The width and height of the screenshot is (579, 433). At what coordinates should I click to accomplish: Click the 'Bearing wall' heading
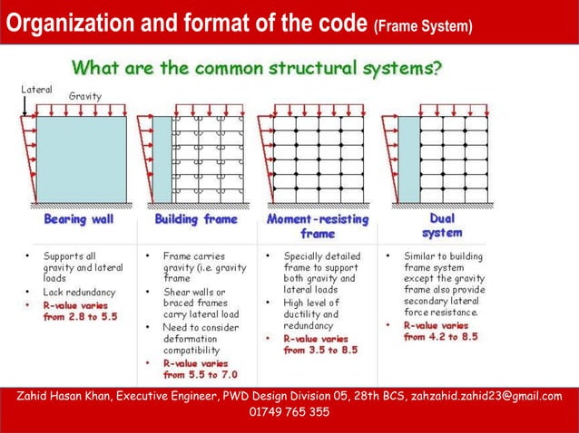click(x=79, y=220)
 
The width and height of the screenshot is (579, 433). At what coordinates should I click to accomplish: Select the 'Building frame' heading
click(x=196, y=219)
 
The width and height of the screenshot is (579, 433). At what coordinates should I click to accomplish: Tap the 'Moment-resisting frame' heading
click(x=318, y=226)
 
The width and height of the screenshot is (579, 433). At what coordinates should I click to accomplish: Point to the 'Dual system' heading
click(x=442, y=226)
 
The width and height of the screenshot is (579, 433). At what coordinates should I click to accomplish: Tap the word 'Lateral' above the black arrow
click(x=36, y=90)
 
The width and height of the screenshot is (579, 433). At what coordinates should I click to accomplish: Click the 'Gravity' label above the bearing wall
click(x=85, y=96)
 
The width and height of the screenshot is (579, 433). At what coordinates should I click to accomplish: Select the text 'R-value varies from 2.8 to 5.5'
click(x=80, y=312)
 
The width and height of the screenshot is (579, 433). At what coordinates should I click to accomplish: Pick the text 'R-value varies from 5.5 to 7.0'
click(x=201, y=369)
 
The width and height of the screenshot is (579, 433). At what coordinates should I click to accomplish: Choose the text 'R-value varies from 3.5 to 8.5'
click(x=320, y=344)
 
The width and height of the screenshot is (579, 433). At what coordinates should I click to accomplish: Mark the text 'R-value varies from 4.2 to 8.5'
click(x=442, y=330)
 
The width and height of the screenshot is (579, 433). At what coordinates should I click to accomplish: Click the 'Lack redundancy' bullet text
click(x=79, y=293)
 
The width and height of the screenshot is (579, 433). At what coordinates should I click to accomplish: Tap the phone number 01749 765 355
click(x=289, y=412)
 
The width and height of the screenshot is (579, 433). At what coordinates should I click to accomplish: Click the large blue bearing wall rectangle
click(x=81, y=159)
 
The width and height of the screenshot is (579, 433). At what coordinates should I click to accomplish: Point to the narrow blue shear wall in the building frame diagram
click(x=162, y=159)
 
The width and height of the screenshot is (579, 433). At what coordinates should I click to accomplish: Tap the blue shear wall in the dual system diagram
click(x=408, y=159)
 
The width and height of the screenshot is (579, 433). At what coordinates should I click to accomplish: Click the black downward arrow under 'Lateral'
click(x=25, y=107)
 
